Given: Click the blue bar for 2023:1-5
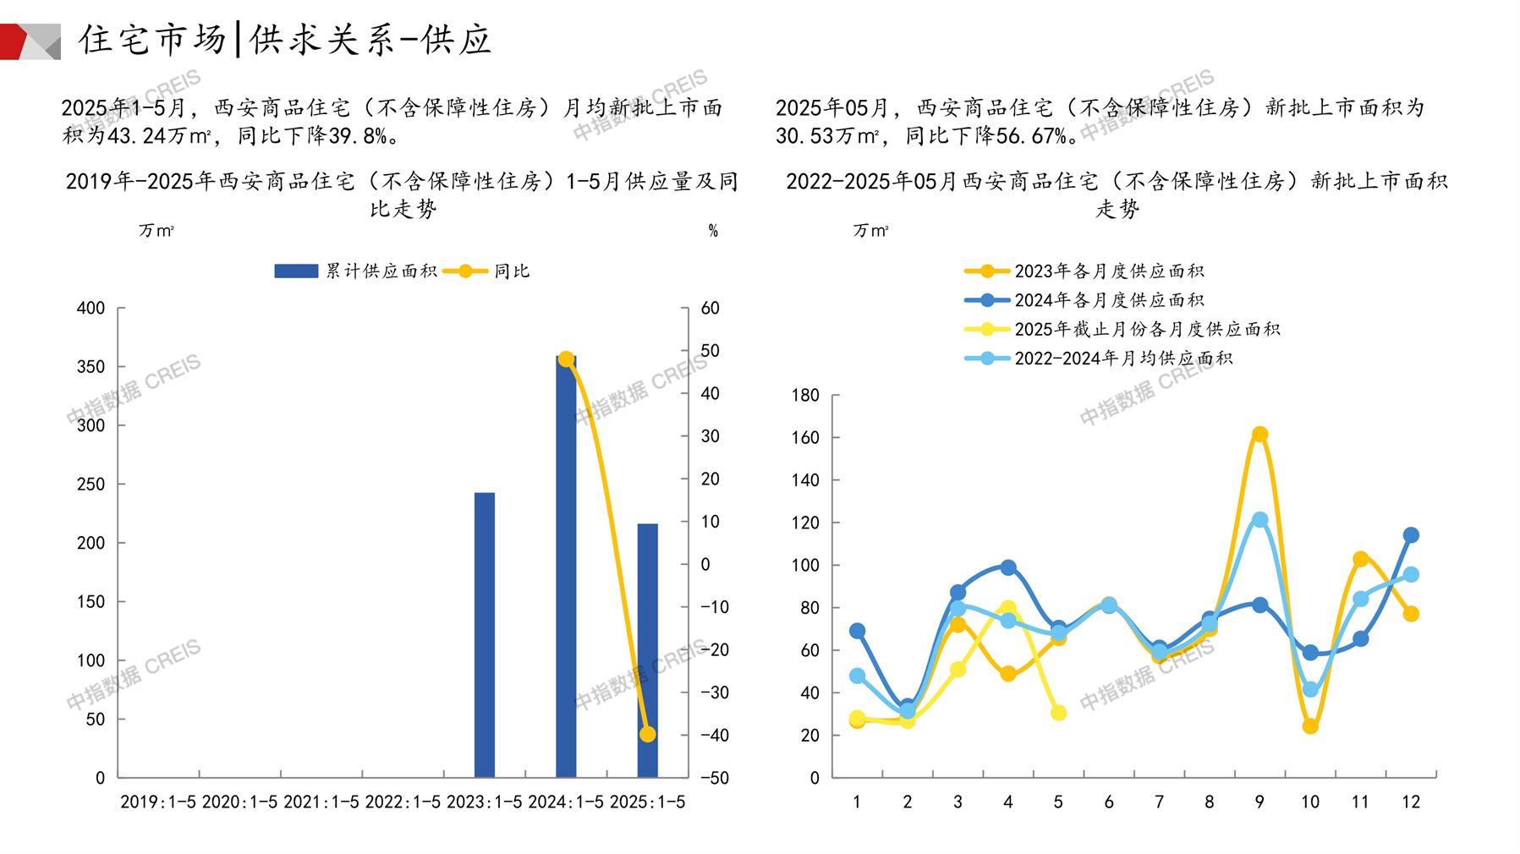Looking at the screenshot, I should (484, 634).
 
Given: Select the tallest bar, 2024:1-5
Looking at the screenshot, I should (566, 567).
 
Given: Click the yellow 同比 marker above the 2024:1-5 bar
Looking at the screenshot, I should (566, 359).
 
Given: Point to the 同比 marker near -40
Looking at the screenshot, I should (647, 734).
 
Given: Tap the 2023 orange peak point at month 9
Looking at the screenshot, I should (1259, 435).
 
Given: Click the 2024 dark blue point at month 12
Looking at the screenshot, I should (1411, 535).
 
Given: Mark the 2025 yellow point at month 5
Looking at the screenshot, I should (1058, 713).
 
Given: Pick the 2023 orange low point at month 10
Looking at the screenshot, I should (1310, 726).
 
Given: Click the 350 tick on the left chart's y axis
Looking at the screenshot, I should (91, 367).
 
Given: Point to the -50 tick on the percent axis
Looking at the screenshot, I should (715, 778).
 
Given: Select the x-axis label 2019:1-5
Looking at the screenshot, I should (158, 802).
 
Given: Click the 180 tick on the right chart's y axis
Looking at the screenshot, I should (805, 396).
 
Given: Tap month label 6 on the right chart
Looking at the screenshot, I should (1108, 802).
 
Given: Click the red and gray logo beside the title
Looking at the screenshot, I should (30, 41).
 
